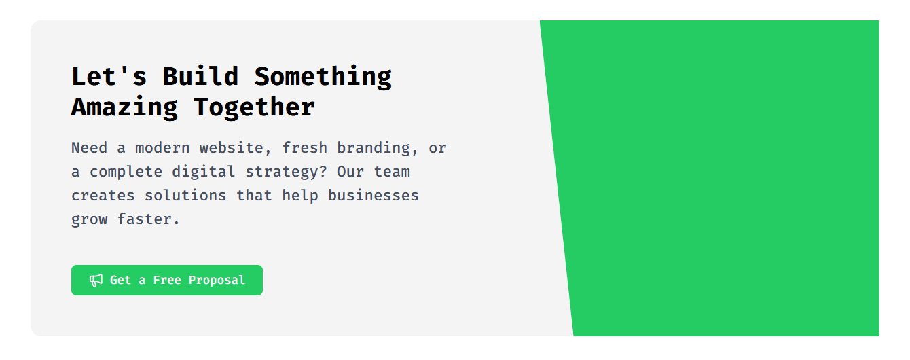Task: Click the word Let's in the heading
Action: click(109, 76)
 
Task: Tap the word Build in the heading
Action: click(201, 76)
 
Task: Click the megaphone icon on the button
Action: click(96, 281)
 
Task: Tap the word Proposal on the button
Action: click(217, 281)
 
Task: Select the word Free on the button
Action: click(167, 280)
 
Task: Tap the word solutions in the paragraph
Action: click(185, 196)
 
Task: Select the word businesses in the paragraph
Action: click(374, 196)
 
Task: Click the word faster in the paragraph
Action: click(148, 219)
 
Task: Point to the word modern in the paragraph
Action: click(162, 148)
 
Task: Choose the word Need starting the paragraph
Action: click(90, 148)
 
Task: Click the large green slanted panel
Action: click(719, 178)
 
